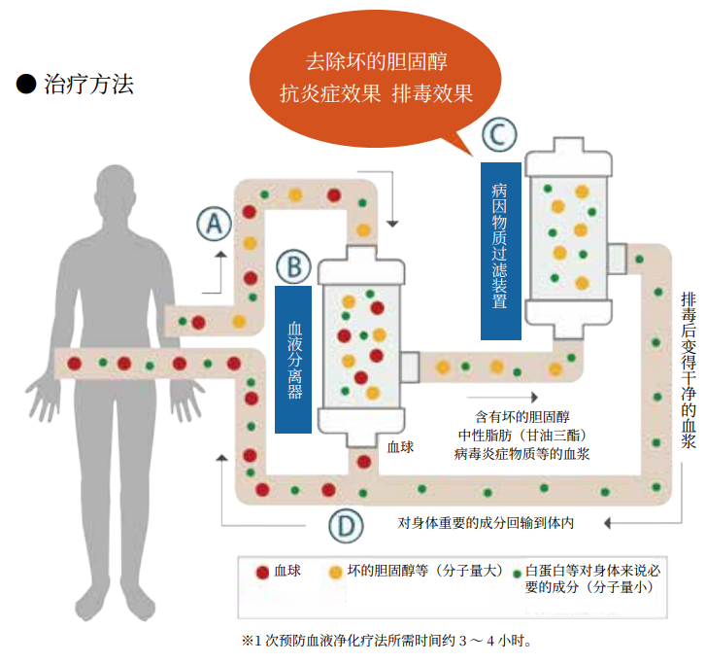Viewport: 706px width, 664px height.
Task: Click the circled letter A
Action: point(215,225)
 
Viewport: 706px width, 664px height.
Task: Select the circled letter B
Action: point(293,264)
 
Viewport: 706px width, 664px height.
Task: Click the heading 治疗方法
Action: point(88,85)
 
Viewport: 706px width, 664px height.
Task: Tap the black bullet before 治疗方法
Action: point(26,85)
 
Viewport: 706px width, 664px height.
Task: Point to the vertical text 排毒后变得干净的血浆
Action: point(688,369)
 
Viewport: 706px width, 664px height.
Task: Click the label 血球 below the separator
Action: point(400,447)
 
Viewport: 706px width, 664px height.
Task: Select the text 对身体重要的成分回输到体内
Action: point(486,523)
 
